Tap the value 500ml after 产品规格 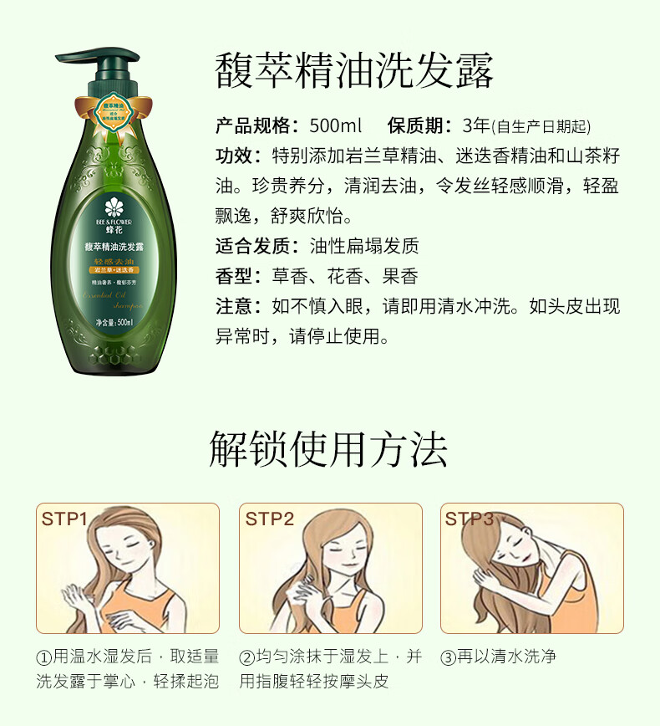[x=335, y=126]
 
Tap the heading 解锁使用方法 [x=328, y=449]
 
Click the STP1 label [x=64, y=519]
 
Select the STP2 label [x=269, y=519]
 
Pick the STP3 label [x=470, y=519]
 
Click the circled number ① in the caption [x=43, y=657]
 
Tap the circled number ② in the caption [x=246, y=657]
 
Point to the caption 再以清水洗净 [x=506, y=657]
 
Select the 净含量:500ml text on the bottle [x=115, y=322]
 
